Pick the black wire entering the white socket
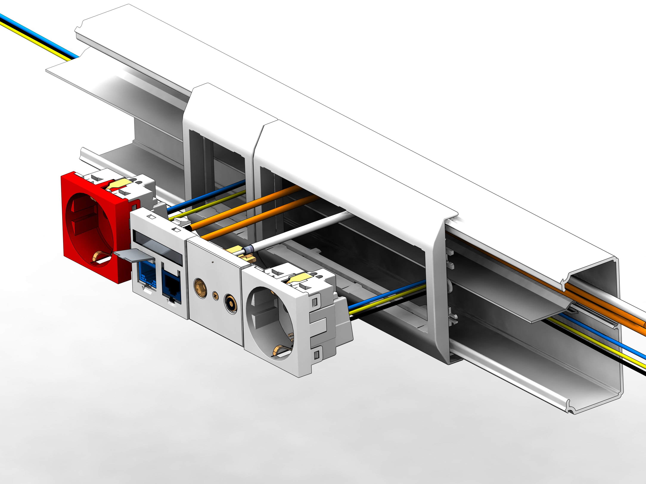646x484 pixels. click(385, 306)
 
